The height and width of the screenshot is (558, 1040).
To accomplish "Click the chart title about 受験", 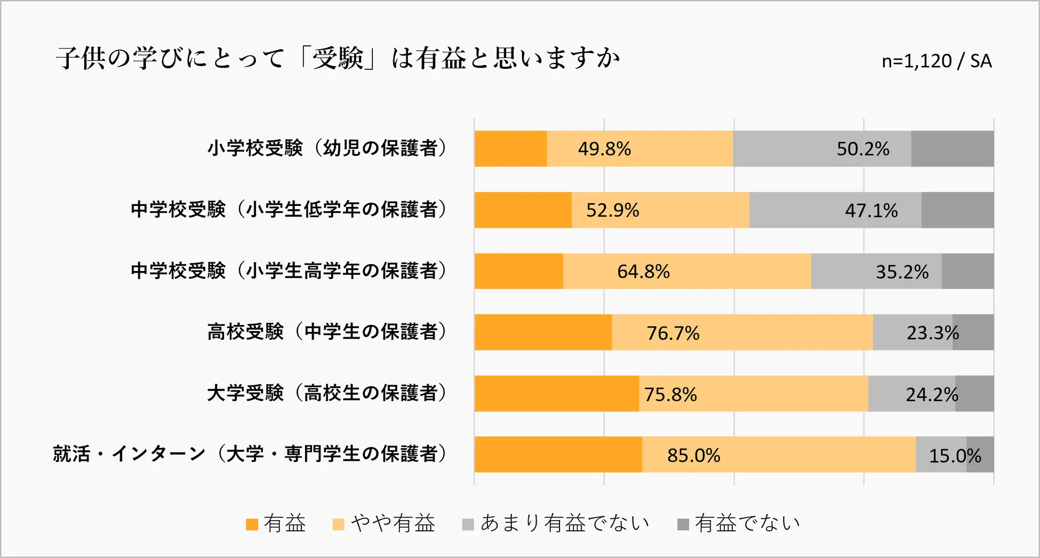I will (x=338, y=59).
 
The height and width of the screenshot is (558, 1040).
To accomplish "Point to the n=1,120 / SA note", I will (x=936, y=61).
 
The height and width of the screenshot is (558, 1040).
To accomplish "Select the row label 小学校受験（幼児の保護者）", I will (x=327, y=148).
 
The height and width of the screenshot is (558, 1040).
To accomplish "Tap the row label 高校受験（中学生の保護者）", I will (x=327, y=332).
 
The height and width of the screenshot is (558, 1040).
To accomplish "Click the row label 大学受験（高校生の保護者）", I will (x=327, y=394).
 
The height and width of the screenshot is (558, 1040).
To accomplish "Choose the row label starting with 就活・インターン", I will (x=250, y=455).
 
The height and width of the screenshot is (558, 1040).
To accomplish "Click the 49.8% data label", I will (x=604, y=149).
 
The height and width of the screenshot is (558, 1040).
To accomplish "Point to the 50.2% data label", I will (x=862, y=149).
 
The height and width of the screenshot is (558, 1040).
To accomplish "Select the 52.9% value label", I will (x=612, y=210).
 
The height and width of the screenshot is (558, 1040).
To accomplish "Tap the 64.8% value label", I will (x=643, y=272).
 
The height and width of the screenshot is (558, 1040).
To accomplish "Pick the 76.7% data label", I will (x=673, y=333).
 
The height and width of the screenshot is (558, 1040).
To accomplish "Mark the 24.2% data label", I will (x=932, y=395).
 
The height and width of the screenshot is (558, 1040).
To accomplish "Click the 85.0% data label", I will (x=693, y=456).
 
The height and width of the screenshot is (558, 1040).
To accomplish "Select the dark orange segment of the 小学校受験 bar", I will (x=510, y=149).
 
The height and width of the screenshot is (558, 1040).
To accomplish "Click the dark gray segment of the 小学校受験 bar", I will (x=952, y=149).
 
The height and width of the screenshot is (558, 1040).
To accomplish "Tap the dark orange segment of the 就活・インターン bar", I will (x=558, y=455).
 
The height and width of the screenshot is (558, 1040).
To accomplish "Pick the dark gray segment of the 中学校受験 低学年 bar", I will (x=957, y=210).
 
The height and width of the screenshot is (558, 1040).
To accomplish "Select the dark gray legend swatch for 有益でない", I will (x=683, y=524).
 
